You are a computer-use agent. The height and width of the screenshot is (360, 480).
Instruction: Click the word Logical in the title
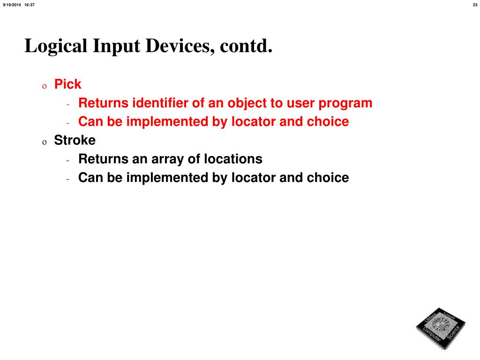(56, 46)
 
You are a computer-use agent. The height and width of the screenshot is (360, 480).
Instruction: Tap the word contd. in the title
(245, 46)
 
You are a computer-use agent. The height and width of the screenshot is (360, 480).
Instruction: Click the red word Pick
(68, 84)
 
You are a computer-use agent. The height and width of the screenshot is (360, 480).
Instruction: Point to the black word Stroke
(75, 140)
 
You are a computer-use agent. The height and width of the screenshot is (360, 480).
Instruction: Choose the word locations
(233, 159)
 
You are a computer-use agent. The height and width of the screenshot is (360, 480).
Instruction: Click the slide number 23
(475, 5)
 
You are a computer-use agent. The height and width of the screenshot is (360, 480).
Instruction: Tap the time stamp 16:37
(30, 5)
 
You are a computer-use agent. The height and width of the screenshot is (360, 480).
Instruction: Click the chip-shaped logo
(440, 328)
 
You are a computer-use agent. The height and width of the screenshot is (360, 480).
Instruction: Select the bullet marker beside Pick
(45, 86)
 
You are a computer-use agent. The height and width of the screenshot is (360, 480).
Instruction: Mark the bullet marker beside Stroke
(45, 142)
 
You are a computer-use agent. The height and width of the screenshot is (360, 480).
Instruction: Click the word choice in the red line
(328, 122)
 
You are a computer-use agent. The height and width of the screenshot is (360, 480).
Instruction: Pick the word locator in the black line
(253, 178)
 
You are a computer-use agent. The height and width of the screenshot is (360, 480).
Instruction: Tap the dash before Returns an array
(68, 160)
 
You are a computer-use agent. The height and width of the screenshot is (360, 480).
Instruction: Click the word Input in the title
(117, 46)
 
